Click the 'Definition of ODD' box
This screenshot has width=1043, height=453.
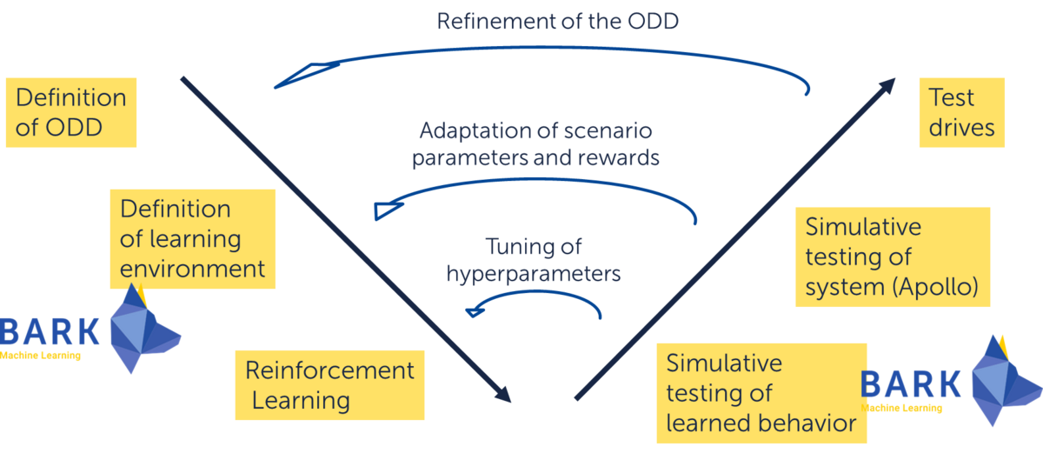tap(70, 112)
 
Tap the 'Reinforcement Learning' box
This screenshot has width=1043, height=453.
tap(329, 384)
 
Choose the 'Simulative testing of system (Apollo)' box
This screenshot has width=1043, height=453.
tap(894, 256)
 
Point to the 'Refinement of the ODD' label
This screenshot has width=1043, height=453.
tap(557, 21)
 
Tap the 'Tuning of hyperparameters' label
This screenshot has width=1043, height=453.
tap(534, 260)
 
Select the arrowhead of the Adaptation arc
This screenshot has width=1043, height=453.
tap(386, 210)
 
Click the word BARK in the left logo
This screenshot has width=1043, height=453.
tap(50, 332)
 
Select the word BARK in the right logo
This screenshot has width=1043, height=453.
tap(913, 384)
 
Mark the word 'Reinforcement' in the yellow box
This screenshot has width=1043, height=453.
tap(329, 370)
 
